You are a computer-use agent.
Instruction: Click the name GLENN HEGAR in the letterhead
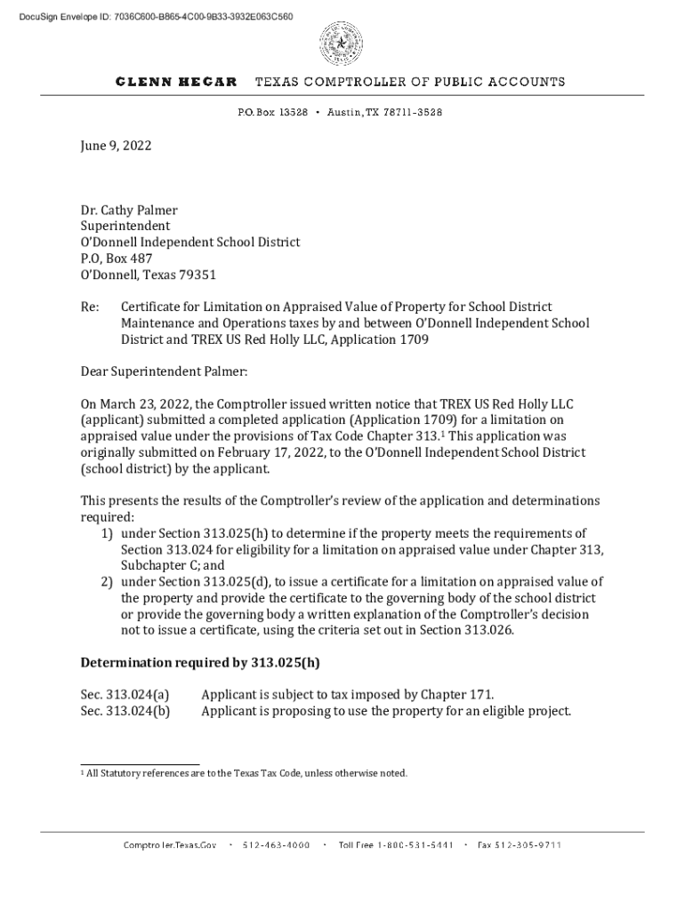coord(176,82)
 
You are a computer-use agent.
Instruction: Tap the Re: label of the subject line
coord(90,307)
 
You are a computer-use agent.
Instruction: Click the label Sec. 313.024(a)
coord(125,695)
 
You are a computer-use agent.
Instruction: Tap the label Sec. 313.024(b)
coord(125,711)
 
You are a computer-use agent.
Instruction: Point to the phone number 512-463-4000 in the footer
coord(276,844)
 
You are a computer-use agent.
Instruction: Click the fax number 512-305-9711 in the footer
coord(519,844)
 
